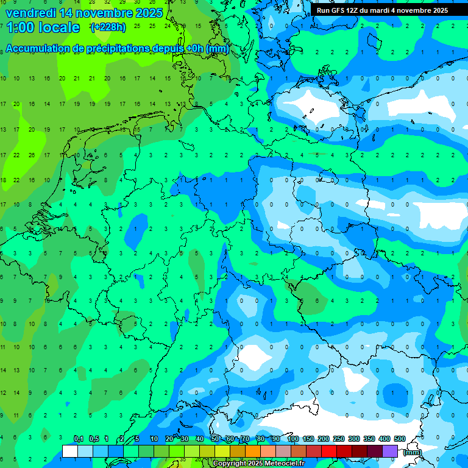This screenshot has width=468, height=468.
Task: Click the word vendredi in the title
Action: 30,13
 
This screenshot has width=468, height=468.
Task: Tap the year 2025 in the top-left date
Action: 146,13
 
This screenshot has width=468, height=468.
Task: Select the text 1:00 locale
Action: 43,27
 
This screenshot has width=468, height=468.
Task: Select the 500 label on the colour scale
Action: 400,439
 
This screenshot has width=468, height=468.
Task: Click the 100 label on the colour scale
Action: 293,439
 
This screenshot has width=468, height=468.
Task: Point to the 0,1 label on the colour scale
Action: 78,439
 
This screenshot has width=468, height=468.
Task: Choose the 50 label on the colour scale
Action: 215,439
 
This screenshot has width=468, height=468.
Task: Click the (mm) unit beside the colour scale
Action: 413,452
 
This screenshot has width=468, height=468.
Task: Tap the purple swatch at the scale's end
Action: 390,451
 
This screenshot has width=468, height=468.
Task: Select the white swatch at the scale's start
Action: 70,451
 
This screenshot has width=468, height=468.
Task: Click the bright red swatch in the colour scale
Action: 329,451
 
